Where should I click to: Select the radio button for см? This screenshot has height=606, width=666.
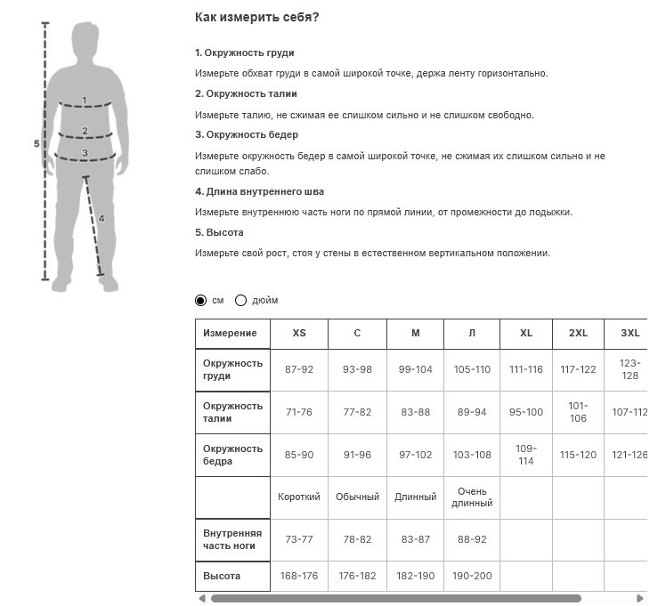tap(200, 301)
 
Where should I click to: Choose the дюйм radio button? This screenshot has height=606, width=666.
tap(240, 301)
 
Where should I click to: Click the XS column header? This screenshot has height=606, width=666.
tap(299, 333)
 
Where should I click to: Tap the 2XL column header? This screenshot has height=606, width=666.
tap(578, 333)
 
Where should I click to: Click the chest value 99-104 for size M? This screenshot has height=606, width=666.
tap(415, 369)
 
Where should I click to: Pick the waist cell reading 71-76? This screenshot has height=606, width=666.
tap(299, 412)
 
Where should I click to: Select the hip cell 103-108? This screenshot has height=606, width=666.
tap(472, 455)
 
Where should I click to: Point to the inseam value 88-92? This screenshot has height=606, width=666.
tap(472, 540)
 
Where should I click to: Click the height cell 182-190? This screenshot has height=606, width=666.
tap(415, 576)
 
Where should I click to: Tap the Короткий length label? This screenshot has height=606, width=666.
tap(299, 497)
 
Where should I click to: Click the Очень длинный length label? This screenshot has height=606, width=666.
tap(472, 497)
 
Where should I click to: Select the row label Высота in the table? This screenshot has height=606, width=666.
tap(222, 576)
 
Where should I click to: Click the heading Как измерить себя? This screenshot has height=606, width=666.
tap(256, 17)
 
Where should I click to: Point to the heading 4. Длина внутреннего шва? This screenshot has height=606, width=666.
tap(259, 191)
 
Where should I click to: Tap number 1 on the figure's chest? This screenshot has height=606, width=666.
tap(85, 101)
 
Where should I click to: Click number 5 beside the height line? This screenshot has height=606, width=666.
tap(36, 143)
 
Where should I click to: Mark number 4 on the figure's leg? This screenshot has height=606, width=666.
tap(102, 218)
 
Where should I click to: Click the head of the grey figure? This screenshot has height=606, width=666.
tap(85, 40)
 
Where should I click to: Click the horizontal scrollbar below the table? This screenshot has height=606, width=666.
tap(395, 598)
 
